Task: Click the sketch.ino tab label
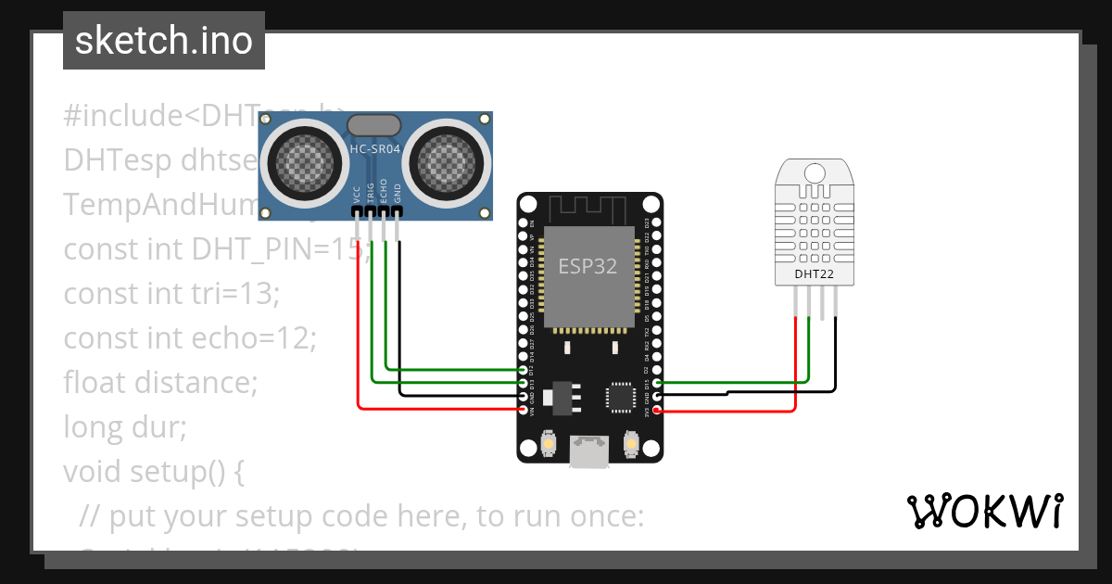coord(163,41)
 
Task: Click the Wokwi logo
coord(984,511)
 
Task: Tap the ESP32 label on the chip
coord(588,267)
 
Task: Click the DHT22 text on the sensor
coord(813,273)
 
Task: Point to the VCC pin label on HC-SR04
coord(358,193)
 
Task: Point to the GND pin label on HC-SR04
coord(398,193)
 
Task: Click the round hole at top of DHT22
coord(814,173)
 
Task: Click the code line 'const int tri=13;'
coord(171,294)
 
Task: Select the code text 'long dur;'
coord(125,427)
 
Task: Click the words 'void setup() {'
coord(153,472)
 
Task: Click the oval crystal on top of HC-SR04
coord(373,124)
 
